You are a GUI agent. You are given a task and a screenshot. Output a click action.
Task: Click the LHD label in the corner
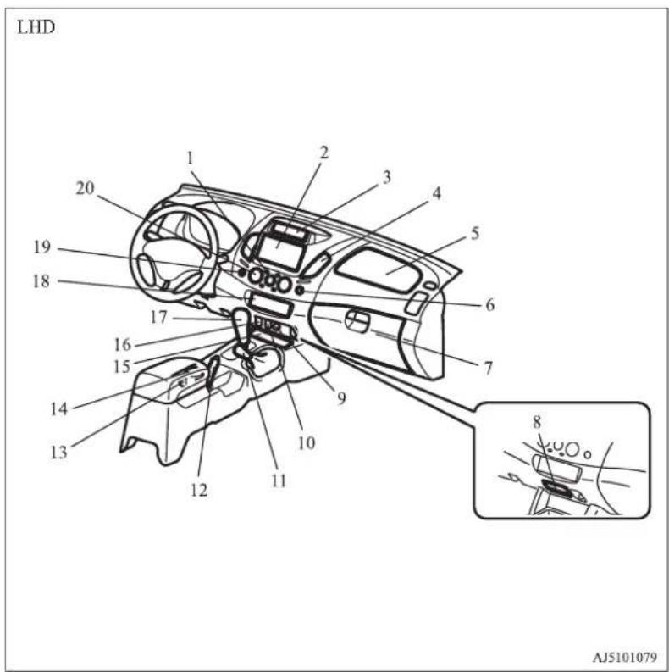pos(36,28)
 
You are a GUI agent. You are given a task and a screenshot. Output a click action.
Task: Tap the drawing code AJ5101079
pos(624,657)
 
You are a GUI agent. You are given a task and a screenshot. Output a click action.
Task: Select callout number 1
pos(191,158)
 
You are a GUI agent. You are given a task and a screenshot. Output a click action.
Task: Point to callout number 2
pos(323,153)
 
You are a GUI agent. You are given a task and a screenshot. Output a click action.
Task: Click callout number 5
pos(474,234)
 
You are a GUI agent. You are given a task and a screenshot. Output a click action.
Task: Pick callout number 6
pos(490,305)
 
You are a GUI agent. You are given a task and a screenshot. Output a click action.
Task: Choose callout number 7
pos(489,368)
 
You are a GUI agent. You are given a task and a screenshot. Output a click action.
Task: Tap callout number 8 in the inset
pos(537,423)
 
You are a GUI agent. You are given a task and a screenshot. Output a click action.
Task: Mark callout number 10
pos(307,442)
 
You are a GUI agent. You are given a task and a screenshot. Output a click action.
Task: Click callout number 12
pos(199,490)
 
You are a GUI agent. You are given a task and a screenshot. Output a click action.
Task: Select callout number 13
pos(58,452)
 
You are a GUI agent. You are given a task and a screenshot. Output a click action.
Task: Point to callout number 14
pos(59,408)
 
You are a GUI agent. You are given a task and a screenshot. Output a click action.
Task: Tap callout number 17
pos(158,317)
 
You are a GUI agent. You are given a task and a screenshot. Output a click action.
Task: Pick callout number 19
pos(42,247)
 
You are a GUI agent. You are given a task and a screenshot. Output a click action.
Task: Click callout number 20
pos(85,188)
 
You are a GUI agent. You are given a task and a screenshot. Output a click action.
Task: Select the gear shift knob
pos(241,319)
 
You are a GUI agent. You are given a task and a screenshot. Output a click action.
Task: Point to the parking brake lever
pos(213,371)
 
